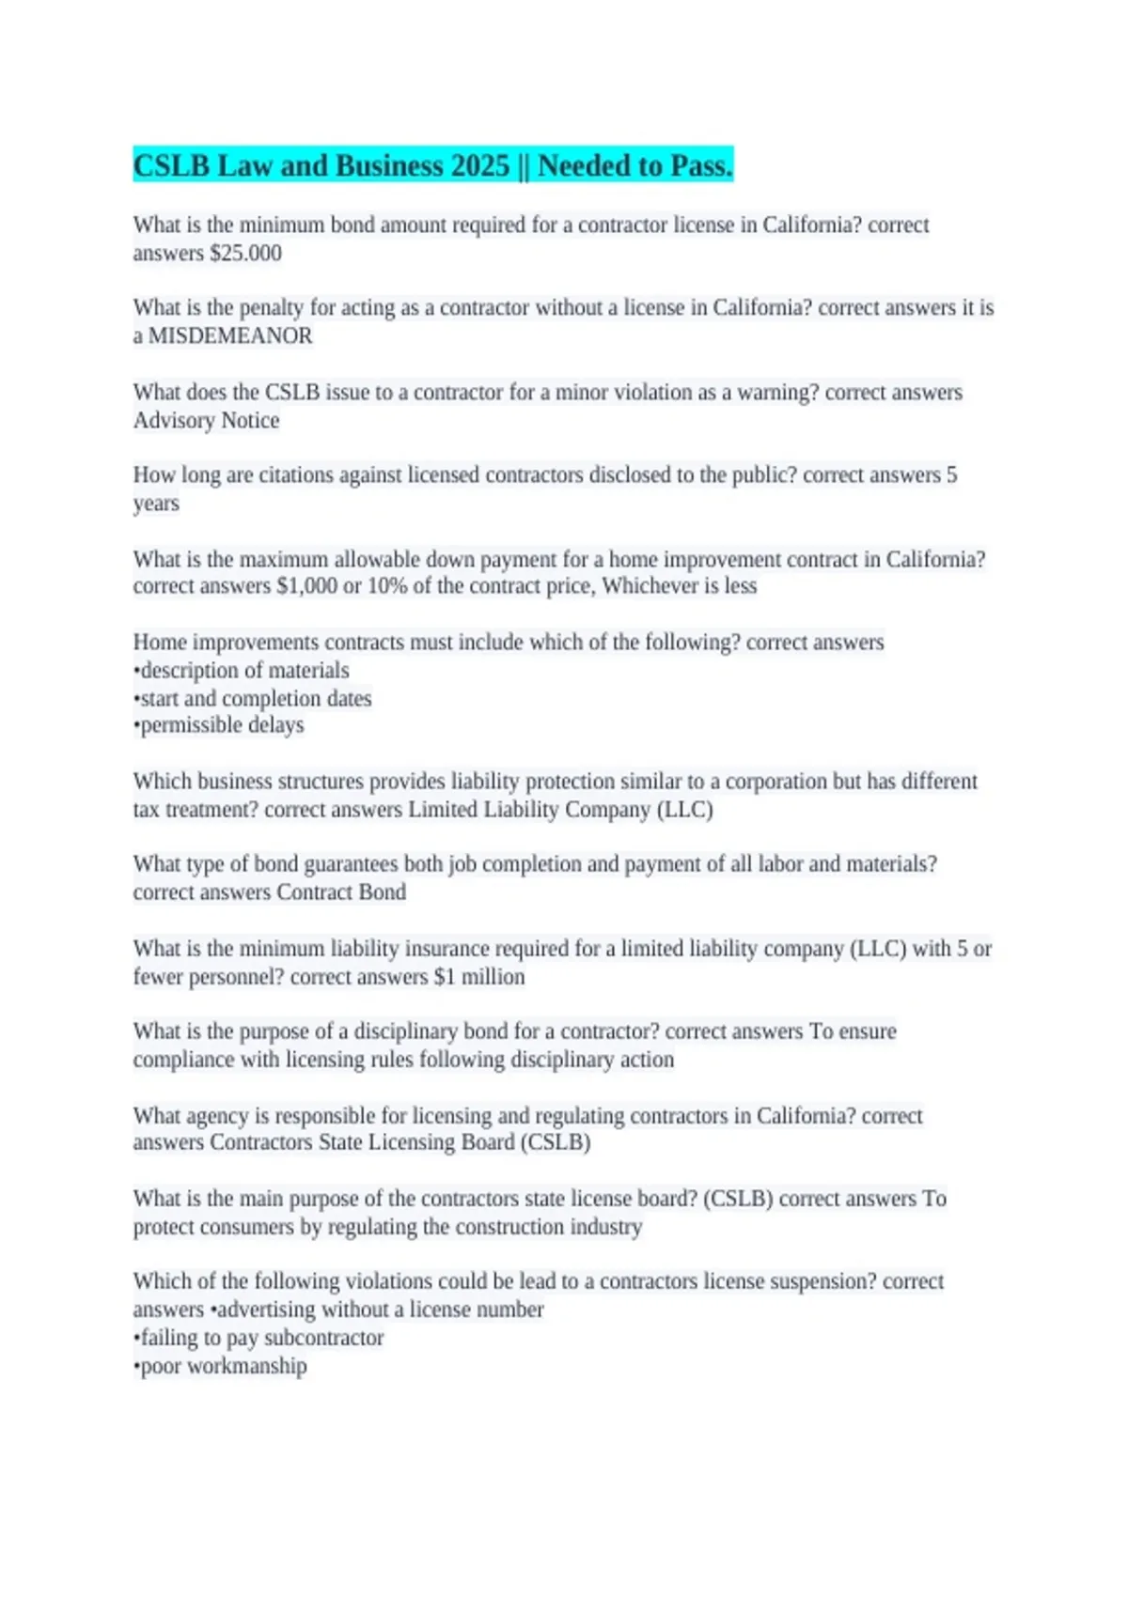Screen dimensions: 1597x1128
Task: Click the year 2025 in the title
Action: [x=479, y=166]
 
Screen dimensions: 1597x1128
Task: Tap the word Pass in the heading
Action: [x=700, y=166]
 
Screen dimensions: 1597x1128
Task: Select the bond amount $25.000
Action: [x=245, y=253]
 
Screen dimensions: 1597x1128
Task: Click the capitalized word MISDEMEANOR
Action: [x=230, y=335]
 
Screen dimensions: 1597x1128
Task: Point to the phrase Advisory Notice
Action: [x=206, y=420]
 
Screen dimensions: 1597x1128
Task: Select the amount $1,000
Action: [x=306, y=586]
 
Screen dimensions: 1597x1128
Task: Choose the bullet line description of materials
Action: [x=242, y=670]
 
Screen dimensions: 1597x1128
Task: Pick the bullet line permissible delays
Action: [x=219, y=725]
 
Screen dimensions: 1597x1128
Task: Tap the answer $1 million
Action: [x=479, y=976]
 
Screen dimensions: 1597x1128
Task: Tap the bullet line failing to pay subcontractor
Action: [x=259, y=1338]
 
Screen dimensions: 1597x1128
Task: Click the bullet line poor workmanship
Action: [x=221, y=1366]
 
